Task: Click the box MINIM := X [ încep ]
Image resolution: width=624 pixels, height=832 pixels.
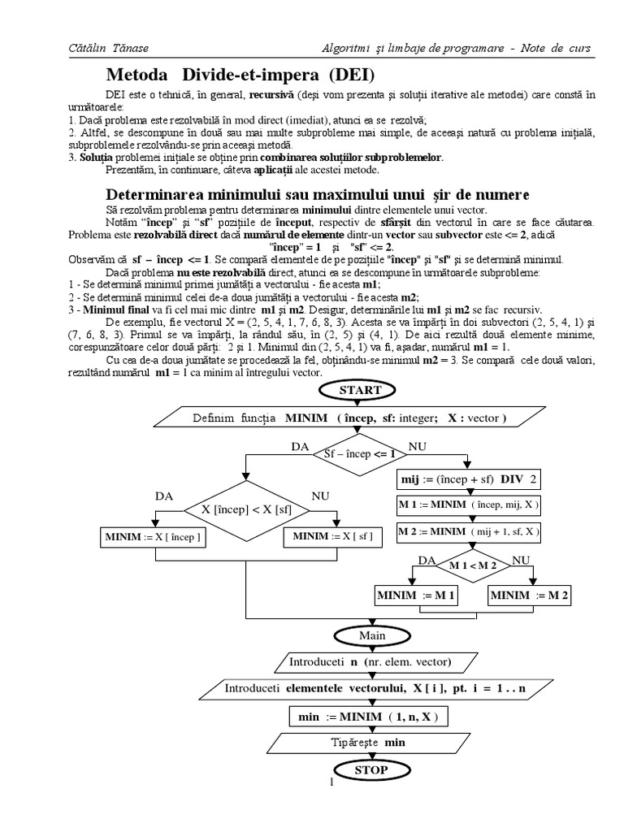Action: (x=152, y=537)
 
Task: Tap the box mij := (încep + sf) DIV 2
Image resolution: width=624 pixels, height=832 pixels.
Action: (x=468, y=479)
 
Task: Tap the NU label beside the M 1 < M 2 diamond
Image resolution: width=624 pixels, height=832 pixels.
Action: (x=521, y=561)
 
